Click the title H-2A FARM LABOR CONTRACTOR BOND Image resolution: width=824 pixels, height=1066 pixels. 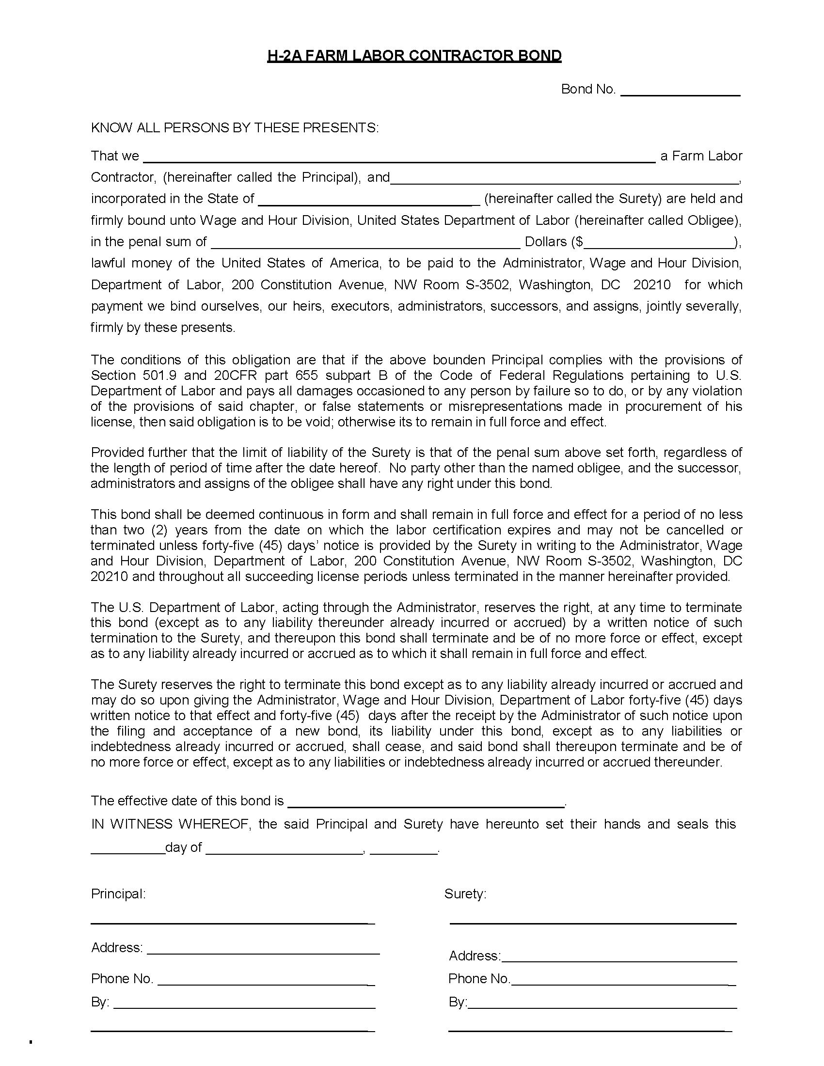(x=414, y=56)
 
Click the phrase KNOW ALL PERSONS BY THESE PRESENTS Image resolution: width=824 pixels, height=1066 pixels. (x=234, y=128)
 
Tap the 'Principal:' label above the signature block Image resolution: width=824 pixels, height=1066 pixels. (x=118, y=894)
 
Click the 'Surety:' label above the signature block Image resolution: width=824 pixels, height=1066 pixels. (x=465, y=894)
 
